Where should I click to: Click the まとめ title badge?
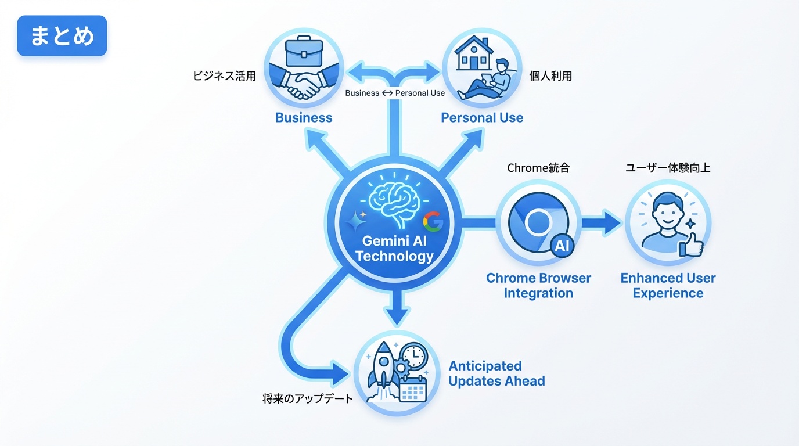[x=62, y=36]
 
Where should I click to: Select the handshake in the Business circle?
[x=304, y=85]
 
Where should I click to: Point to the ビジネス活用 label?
[x=224, y=76]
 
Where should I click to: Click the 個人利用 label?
[x=550, y=76]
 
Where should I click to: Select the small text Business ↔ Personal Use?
[x=395, y=93]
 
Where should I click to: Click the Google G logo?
[x=433, y=221]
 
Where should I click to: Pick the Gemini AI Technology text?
[x=395, y=248]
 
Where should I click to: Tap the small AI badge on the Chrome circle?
[x=562, y=246]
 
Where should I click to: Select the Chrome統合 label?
[x=538, y=168]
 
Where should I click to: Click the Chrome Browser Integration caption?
[x=538, y=285]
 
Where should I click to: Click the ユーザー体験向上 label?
[x=668, y=168]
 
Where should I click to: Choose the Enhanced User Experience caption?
[x=668, y=285]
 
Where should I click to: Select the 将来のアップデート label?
[x=308, y=399]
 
